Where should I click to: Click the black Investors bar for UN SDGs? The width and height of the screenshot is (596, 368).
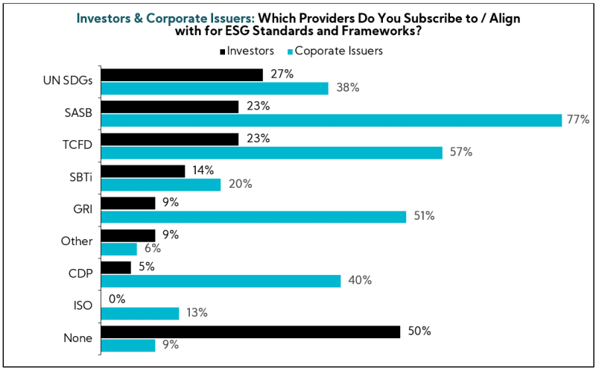182,74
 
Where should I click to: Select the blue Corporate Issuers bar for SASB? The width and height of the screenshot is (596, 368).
331,120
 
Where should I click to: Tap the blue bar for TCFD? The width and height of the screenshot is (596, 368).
271,152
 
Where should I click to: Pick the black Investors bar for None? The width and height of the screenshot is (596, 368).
250,331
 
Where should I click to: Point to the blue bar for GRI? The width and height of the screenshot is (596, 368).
253,216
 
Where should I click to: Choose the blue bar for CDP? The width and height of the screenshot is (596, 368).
221,281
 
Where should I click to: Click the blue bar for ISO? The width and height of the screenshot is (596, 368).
140,313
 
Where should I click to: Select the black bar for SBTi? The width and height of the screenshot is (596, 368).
142,171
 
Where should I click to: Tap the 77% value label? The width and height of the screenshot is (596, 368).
577,119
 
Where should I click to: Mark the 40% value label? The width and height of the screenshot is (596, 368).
358,281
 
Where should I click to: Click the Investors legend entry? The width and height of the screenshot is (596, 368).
247,51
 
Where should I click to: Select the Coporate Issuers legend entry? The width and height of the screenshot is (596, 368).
335,51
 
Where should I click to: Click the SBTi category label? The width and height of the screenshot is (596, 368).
80,177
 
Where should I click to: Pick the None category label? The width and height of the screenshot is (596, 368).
78,337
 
